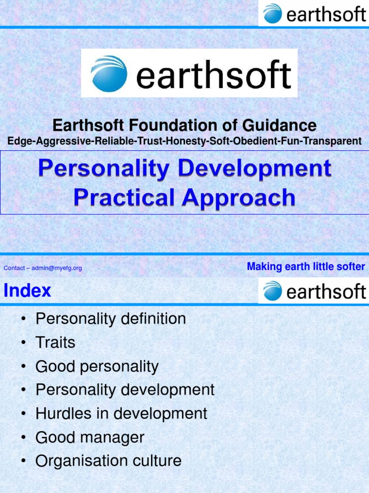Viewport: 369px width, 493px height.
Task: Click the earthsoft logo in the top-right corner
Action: tap(314, 13)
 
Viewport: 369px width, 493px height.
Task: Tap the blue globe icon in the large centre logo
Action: tap(109, 74)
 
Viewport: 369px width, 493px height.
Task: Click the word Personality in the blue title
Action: tap(103, 169)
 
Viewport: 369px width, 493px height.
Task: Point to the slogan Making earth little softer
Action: tap(306, 267)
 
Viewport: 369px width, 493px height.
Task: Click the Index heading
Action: tap(27, 291)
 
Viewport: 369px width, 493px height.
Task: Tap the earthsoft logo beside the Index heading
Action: tap(314, 291)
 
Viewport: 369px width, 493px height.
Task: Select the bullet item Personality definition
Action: tap(111, 319)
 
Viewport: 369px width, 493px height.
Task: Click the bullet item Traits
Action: tap(55, 343)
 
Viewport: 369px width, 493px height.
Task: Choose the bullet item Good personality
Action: tap(97, 366)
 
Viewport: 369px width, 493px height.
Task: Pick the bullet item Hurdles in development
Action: tap(121, 414)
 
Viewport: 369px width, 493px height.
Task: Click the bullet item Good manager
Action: tap(90, 438)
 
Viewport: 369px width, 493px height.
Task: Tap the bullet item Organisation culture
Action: tap(108, 461)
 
